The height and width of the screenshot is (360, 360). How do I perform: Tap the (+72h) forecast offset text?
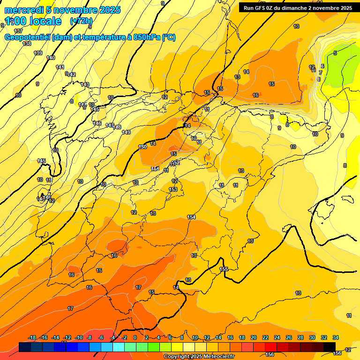(81, 21)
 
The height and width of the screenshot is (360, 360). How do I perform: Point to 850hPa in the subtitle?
(143, 37)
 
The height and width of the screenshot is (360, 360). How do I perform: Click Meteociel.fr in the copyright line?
(217, 356)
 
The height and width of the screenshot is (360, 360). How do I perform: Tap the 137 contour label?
(18, 31)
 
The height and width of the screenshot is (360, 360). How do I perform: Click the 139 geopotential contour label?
(38, 53)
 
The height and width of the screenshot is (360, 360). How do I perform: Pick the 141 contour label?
(60, 67)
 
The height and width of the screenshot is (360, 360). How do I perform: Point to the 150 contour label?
(142, 147)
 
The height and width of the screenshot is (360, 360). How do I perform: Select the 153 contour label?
(173, 189)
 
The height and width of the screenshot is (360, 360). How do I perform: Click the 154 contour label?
(191, 217)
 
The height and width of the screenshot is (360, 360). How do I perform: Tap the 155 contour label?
(224, 269)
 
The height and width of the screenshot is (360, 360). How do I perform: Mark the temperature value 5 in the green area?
(335, 53)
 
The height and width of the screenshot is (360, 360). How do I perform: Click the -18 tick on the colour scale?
(32, 337)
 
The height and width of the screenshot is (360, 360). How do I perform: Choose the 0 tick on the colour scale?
(135, 337)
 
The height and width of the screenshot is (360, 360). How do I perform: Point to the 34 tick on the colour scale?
(336, 337)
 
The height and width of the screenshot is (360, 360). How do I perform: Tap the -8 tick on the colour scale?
(89, 337)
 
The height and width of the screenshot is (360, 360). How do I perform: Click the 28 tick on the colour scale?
(300, 337)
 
